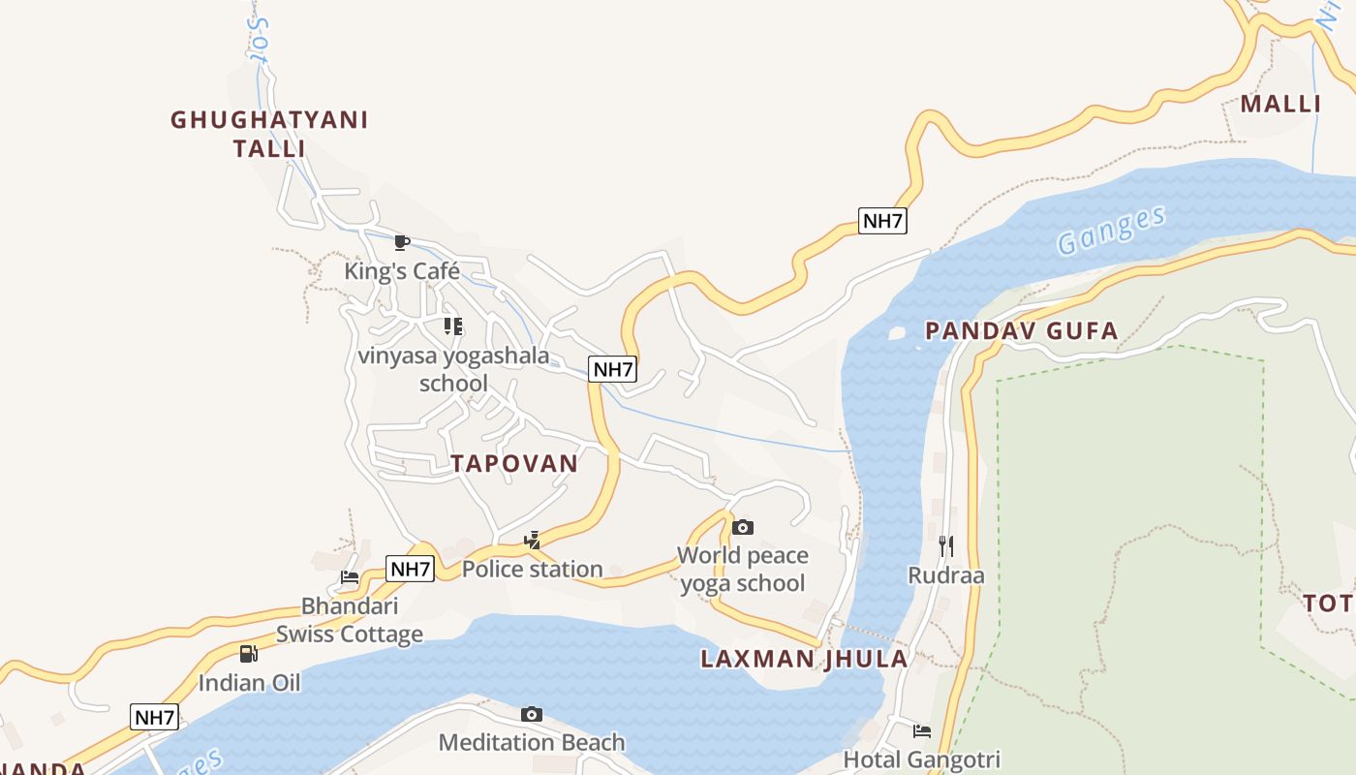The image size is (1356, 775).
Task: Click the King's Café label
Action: pyautogui.click(x=402, y=270)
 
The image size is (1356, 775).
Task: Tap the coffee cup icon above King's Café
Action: pyautogui.click(x=402, y=242)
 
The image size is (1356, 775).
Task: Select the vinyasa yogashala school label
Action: pyautogui.click(x=453, y=369)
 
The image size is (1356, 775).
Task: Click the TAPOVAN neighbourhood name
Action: pyautogui.click(x=514, y=463)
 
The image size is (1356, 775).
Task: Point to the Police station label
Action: pyautogui.click(x=532, y=569)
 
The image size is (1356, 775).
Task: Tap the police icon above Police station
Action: pyautogui.click(x=532, y=541)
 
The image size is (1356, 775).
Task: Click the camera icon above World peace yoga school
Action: pyautogui.click(x=743, y=527)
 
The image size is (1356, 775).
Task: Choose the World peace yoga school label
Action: pyautogui.click(x=743, y=569)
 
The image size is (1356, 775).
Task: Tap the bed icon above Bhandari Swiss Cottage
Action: pyautogui.click(x=350, y=577)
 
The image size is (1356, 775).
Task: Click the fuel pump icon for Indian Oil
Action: pyautogui.click(x=249, y=654)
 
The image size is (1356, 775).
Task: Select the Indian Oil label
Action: pyautogui.click(x=249, y=683)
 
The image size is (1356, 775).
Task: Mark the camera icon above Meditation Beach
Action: pyautogui.click(x=532, y=714)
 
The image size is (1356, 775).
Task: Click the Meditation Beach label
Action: pyautogui.click(x=532, y=743)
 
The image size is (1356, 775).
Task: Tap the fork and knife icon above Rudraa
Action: pyautogui.click(x=945, y=546)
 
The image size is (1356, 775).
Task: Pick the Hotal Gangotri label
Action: pyautogui.click(x=922, y=759)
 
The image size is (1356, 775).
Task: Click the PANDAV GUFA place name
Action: pyautogui.click(x=1022, y=331)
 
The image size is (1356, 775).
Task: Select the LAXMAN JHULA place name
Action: pyautogui.click(x=804, y=660)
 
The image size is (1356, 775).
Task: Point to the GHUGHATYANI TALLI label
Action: pyautogui.click(x=269, y=134)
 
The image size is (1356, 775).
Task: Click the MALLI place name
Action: pyautogui.click(x=1280, y=104)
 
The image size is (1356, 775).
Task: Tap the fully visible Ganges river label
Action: pyautogui.click(x=1111, y=231)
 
